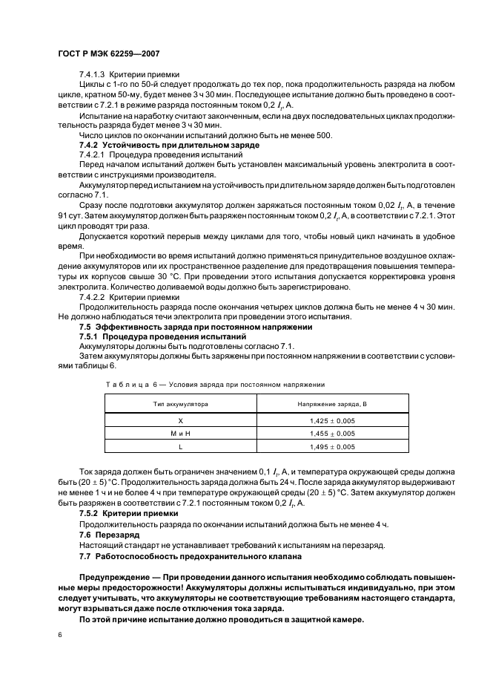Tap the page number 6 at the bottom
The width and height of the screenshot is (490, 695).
pyautogui.click(x=60, y=636)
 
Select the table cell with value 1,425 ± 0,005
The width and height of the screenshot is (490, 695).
pyautogui.click(x=332, y=420)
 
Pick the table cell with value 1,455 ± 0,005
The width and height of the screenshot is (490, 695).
pyautogui.click(x=332, y=434)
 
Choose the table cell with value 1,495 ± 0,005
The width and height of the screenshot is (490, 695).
pyautogui.click(x=332, y=447)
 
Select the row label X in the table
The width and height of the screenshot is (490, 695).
pyautogui.click(x=180, y=420)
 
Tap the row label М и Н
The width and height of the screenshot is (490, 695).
pyautogui.click(x=180, y=434)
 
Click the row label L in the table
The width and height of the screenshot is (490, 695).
pyautogui.click(x=180, y=447)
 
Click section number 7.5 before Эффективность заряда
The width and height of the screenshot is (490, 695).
pyautogui.click(x=85, y=327)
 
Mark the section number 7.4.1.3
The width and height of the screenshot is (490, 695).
pyautogui.click(x=93, y=75)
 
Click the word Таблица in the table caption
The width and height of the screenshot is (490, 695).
pyautogui.click(x=120, y=384)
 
